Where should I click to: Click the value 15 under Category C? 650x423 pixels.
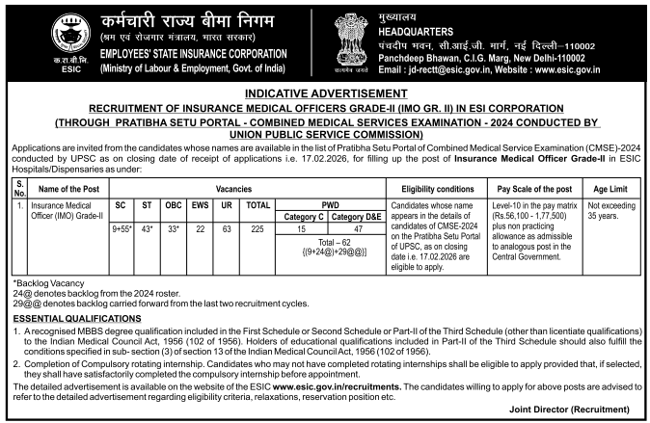click(299, 227)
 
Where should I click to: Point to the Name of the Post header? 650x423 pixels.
click(73, 187)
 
